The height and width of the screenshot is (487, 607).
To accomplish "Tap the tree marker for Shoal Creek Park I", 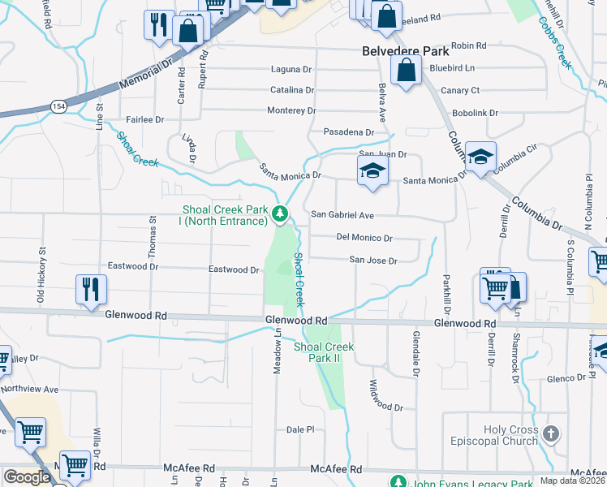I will (x=280, y=213).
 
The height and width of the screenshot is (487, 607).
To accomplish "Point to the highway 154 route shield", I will (x=58, y=106).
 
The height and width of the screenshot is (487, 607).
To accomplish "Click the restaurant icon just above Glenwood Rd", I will (x=90, y=288).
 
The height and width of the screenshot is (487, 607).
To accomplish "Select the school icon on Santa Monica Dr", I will (x=372, y=170).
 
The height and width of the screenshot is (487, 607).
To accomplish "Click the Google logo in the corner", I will (x=27, y=477).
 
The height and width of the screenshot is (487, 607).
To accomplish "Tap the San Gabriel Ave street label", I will (x=342, y=215).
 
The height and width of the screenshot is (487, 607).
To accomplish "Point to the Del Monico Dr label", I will (x=364, y=239).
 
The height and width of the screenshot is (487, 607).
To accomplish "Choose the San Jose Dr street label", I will (x=372, y=261).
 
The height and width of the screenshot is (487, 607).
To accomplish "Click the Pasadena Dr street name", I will (x=348, y=131).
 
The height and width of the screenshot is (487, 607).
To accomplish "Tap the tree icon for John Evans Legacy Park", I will (x=398, y=481).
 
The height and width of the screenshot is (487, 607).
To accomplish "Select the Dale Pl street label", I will (x=299, y=429).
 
